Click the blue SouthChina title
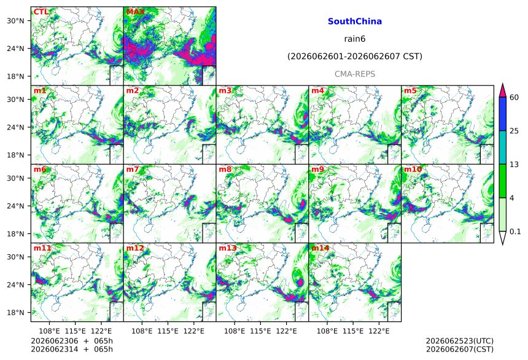coord(355,22)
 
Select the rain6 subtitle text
coord(355,39)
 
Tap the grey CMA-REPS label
coord(355,74)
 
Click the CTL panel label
coord(41,12)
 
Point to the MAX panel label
coord(135,12)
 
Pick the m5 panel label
coord(410,91)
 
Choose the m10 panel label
coord(413,169)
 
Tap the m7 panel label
coord(133,169)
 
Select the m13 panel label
coord(228,248)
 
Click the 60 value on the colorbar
coord(514,98)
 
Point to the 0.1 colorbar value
coord(515,231)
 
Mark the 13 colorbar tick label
coord(514,164)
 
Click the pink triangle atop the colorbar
coord(502,91)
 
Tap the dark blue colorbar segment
coord(502,114)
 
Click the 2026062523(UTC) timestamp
coord(460,341)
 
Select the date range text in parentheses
coord(355,57)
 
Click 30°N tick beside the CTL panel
coord(15,21)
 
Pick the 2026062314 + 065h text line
coord(72,349)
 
